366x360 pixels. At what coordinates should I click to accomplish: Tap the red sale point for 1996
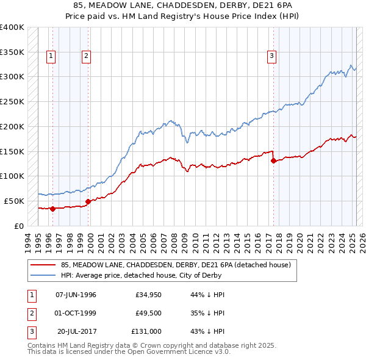tap(52, 209)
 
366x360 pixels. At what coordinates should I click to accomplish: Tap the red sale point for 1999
tap(88, 201)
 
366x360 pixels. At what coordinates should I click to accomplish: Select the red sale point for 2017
tap(273, 161)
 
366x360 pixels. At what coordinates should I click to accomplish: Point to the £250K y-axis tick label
tap(12, 101)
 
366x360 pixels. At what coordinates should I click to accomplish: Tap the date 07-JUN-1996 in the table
tap(76, 295)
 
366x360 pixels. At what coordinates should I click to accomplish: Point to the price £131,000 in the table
tap(146, 331)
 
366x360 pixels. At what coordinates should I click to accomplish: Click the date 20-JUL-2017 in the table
tap(78, 331)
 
